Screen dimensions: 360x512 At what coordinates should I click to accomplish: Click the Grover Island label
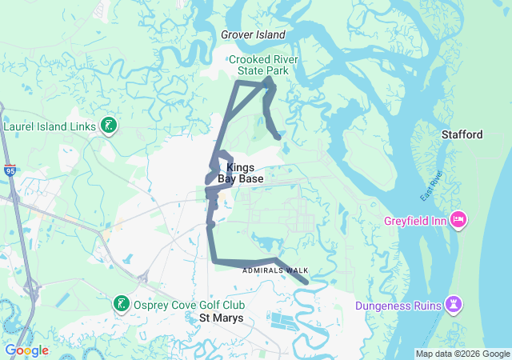click(x=253, y=34)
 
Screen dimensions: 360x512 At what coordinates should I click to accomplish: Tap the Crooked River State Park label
click(x=258, y=65)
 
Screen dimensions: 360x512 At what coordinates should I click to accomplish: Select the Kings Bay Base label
click(x=240, y=173)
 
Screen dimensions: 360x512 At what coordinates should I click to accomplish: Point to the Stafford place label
click(x=462, y=134)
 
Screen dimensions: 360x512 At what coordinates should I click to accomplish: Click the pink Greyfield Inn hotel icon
click(x=458, y=218)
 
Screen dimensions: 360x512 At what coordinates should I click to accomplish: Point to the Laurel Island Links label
click(x=50, y=126)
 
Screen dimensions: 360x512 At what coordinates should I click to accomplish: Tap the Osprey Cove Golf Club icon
click(x=121, y=304)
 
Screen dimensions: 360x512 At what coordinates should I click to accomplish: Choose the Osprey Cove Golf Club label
click(x=189, y=305)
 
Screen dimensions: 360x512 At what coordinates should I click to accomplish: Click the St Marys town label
click(x=221, y=318)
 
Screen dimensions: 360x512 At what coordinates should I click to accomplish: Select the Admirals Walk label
click(x=275, y=270)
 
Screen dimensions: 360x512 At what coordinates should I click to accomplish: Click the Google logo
click(x=26, y=350)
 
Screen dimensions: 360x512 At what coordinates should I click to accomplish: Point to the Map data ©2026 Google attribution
click(x=462, y=354)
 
